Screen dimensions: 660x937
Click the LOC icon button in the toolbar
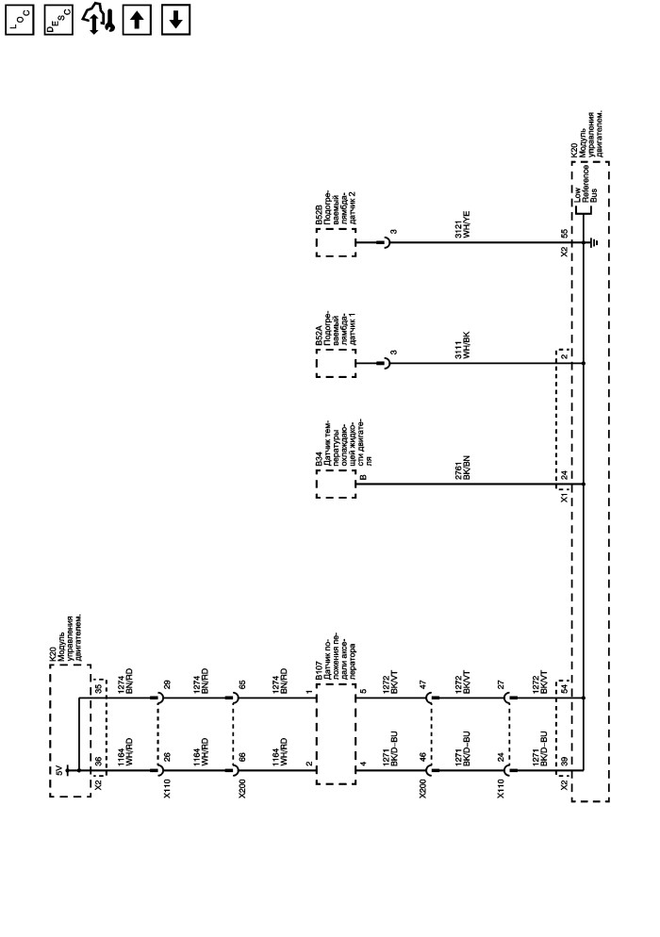click(x=20, y=21)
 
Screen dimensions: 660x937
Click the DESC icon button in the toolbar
click(x=58, y=21)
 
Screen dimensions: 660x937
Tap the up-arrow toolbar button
click(x=137, y=21)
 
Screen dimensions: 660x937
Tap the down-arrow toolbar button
click(x=175, y=21)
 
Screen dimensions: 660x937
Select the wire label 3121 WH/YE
click(x=463, y=224)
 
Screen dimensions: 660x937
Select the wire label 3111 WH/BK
click(x=463, y=345)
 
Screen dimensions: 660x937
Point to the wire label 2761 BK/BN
click(x=463, y=468)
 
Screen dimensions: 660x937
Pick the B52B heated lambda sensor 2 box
click(x=336, y=242)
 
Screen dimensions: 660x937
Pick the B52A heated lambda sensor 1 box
click(x=336, y=363)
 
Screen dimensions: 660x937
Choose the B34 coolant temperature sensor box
click(x=336, y=484)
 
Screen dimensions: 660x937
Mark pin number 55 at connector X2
click(x=565, y=234)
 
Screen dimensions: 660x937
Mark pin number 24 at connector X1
click(x=565, y=476)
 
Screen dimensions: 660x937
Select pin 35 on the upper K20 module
click(x=99, y=688)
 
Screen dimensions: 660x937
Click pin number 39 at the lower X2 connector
click(x=565, y=762)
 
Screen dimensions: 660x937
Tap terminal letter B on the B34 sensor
click(x=364, y=476)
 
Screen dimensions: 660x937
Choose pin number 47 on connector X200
click(x=423, y=684)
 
